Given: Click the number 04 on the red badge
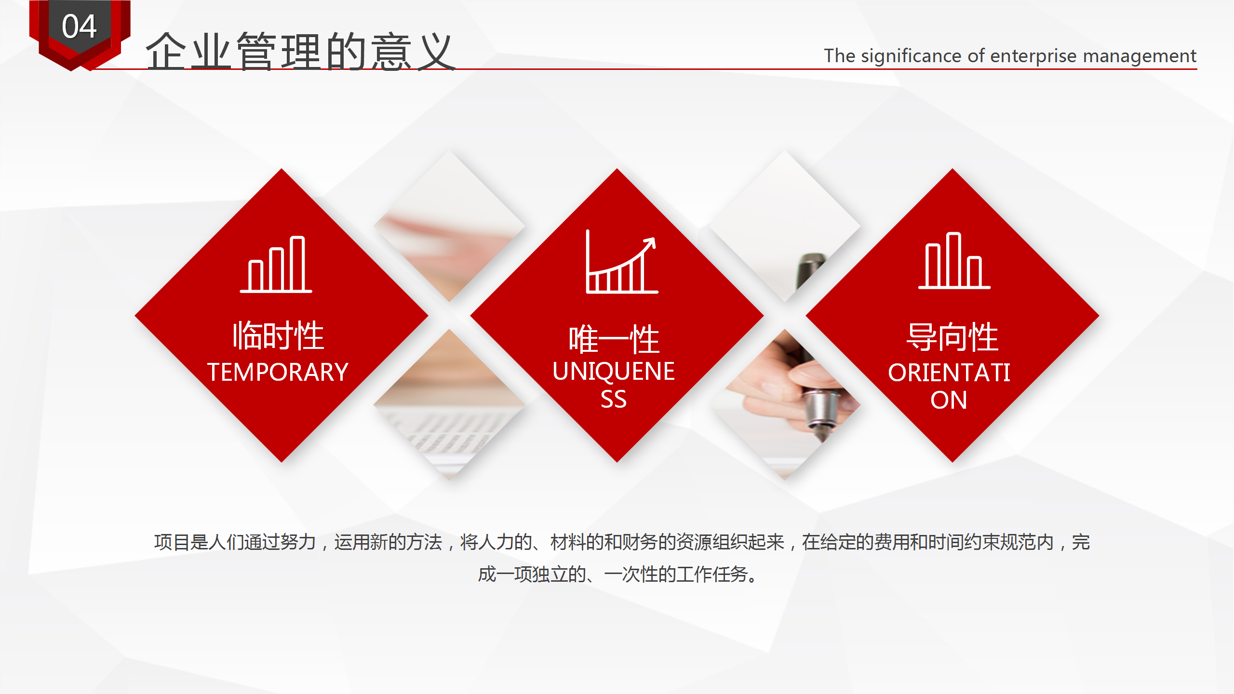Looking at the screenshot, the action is [x=80, y=27].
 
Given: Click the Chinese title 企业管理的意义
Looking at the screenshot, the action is [x=300, y=52].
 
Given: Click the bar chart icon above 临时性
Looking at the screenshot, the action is [x=276, y=265].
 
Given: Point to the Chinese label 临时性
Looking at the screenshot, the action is [x=278, y=335].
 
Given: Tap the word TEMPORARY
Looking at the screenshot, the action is [x=278, y=372].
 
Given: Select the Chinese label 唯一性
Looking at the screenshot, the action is [x=614, y=339].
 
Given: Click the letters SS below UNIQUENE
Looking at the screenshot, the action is [x=614, y=400].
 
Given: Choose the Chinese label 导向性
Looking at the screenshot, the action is [x=952, y=337].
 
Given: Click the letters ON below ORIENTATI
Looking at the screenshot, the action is [x=949, y=400].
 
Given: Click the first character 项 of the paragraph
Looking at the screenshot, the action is [x=163, y=542].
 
